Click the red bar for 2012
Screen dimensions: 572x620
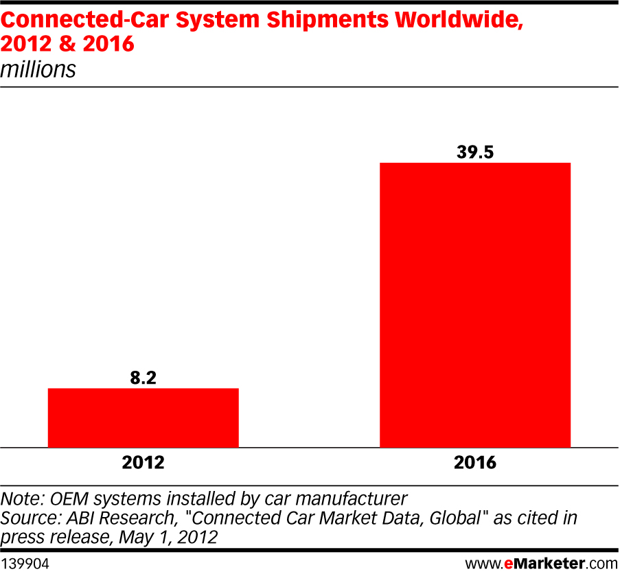click(x=143, y=417)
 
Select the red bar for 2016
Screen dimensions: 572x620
click(x=475, y=305)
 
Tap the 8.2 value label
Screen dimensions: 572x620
click(x=143, y=377)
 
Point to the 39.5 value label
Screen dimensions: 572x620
click(x=475, y=152)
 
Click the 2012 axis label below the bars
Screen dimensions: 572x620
click(x=143, y=463)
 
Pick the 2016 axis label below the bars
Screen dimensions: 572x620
click(x=475, y=463)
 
